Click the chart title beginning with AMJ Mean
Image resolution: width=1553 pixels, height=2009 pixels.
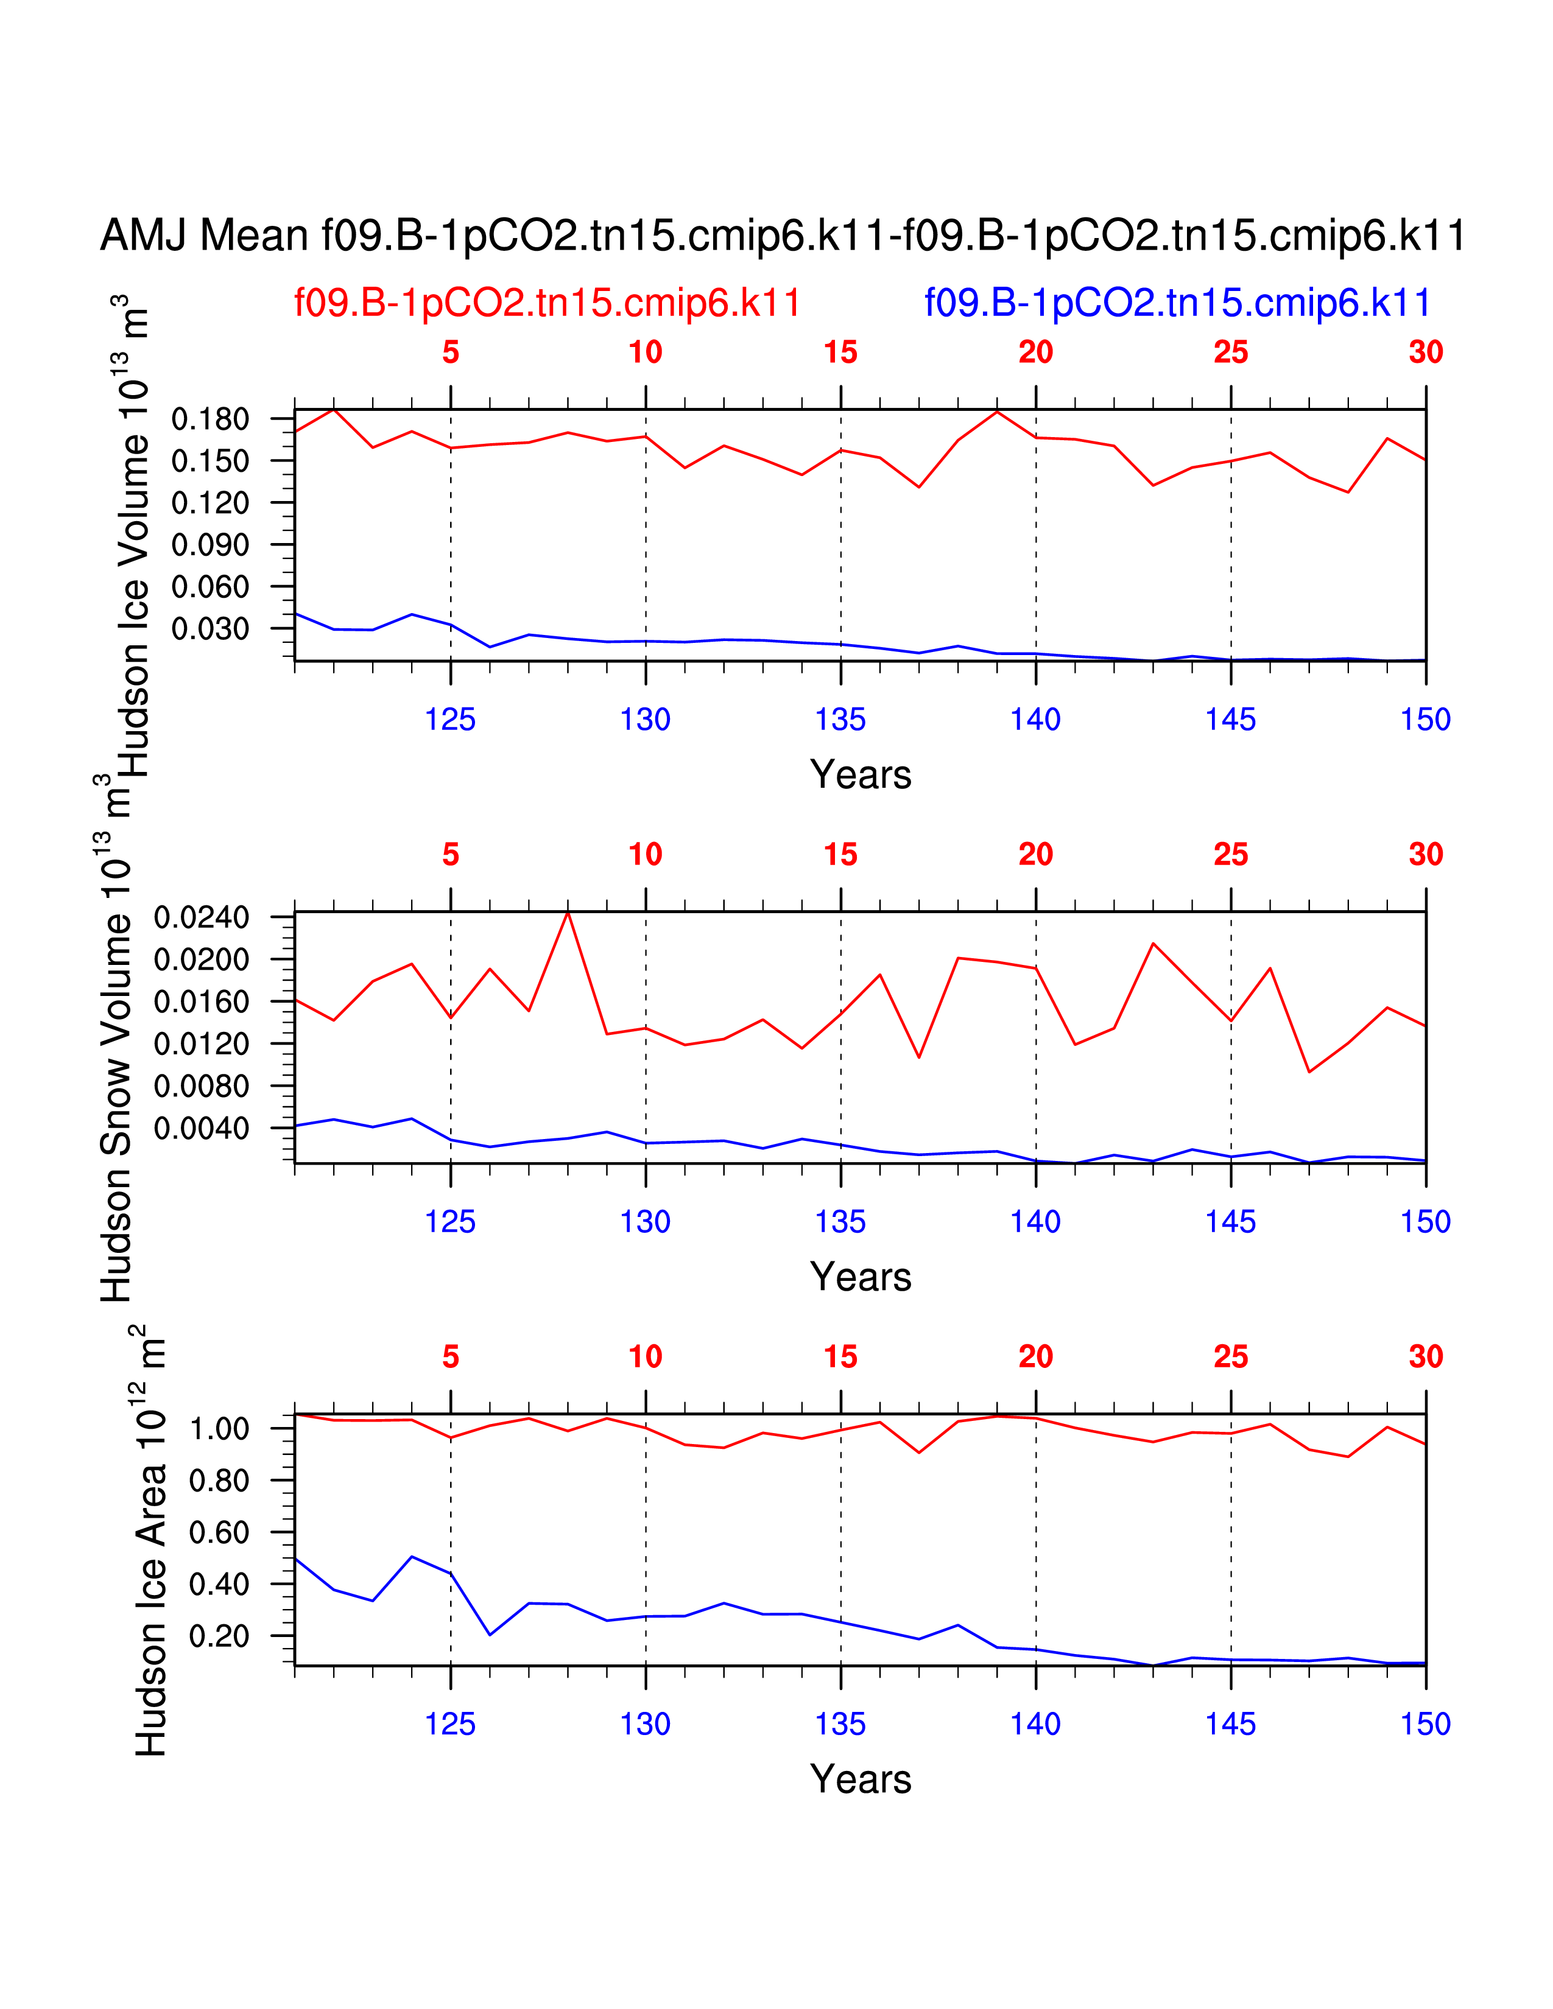pos(782,236)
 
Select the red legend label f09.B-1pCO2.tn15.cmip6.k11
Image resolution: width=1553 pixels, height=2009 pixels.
pos(548,303)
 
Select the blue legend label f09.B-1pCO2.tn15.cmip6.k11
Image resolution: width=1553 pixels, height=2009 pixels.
pos(1178,303)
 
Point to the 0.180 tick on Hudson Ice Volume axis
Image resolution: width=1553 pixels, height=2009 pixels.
pos(211,419)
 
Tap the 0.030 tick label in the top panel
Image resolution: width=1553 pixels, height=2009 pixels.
pos(211,629)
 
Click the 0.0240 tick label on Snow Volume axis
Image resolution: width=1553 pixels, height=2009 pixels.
pos(202,917)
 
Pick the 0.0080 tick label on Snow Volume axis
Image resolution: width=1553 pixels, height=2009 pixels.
pos(202,1086)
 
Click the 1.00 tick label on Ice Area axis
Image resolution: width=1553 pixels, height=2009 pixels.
pos(219,1429)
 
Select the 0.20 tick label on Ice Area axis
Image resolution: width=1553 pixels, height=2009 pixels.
pos(219,1636)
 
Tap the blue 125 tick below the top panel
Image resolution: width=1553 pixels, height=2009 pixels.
pos(450,720)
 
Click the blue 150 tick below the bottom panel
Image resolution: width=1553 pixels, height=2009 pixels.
pos(1425,1724)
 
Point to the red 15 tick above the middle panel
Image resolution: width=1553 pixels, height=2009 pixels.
pos(840,855)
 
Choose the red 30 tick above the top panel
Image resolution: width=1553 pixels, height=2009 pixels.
pos(1425,352)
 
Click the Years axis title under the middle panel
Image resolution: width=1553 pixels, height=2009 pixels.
pos(860,1277)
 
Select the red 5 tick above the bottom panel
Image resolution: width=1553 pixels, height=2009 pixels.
pos(450,1357)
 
